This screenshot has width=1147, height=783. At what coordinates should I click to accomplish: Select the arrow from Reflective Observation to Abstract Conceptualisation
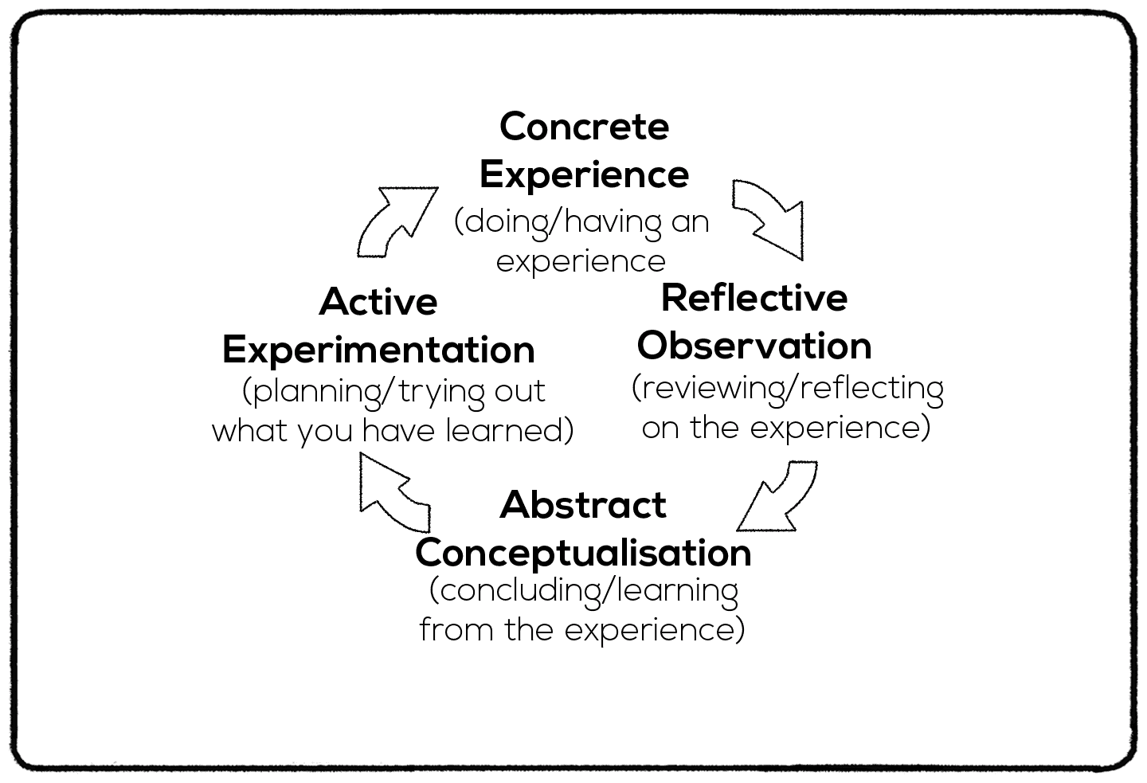777,497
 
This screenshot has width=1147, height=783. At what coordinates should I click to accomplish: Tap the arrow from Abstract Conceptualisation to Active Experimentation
392,494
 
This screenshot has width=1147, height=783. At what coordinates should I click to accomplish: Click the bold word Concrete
584,127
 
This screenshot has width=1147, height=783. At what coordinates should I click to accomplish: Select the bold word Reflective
754,298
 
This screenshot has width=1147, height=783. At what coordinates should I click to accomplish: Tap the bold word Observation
754,346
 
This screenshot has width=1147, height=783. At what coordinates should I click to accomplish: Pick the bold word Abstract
583,505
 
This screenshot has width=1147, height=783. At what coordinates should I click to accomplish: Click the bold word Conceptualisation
583,553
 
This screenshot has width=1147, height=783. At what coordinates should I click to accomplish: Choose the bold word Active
378,302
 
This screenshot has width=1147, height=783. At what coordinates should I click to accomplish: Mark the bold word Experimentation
378,350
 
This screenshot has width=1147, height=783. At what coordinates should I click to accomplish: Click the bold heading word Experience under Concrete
584,174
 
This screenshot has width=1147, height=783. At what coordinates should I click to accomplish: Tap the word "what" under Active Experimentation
250,431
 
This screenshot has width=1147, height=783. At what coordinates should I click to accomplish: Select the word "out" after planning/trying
520,392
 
